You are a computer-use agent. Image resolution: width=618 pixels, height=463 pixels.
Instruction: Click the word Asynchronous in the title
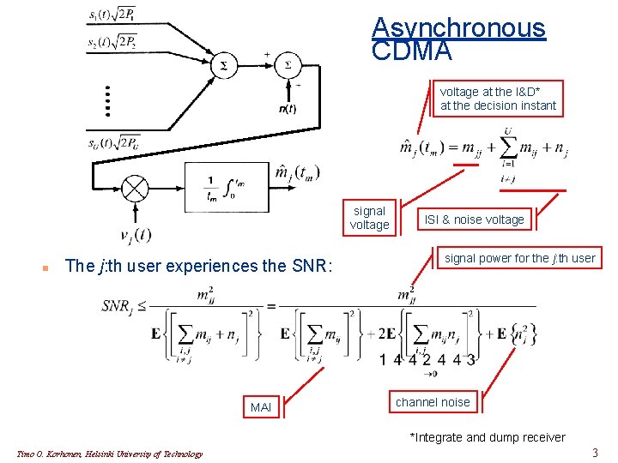pyautogui.click(x=458, y=27)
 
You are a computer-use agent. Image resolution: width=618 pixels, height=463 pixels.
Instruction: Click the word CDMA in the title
pyautogui.click(x=412, y=51)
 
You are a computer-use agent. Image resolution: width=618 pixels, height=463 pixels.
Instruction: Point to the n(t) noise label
pyautogui.click(x=288, y=108)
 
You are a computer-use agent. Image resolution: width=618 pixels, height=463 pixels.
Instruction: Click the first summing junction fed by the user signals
pyautogui.click(x=225, y=65)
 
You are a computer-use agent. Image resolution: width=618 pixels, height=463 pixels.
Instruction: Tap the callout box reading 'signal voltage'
pyautogui.click(x=369, y=218)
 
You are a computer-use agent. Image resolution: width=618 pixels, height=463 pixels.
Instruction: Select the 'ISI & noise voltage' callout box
pyautogui.click(x=474, y=219)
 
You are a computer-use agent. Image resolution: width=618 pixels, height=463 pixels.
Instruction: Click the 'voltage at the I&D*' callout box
pyautogui.click(x=498, y=99)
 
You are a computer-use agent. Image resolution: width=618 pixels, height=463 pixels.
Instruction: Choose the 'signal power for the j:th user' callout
pyautogui.click(x=519, y=258)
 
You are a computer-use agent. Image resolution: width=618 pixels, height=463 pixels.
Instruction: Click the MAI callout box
pyautogui.click(x=260, y=407)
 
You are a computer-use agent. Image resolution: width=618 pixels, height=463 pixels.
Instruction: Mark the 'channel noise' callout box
pyautogui.click(x=433, y=402)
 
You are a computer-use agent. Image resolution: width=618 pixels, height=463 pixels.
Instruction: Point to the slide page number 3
pyautogui.click(x=595, y=452)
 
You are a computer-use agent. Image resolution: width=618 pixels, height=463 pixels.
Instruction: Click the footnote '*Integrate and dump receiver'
pyautogui.click(x=488, y=437)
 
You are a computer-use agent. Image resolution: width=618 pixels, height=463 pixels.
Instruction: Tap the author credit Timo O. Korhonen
pyautogui.click(x=110, y=454)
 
